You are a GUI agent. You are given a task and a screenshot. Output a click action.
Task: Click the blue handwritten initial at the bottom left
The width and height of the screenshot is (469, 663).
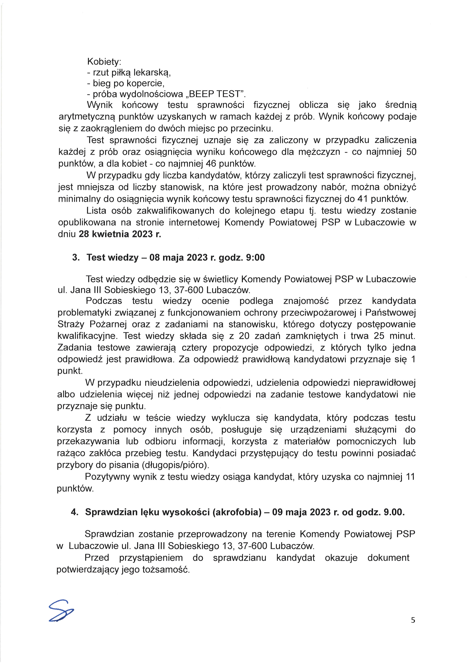(61, 611)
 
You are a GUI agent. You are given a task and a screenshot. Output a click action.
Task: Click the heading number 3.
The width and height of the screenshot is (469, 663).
(76, 257)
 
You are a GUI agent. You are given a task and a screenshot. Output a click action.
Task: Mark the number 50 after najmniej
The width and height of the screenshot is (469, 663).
(411, 152)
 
